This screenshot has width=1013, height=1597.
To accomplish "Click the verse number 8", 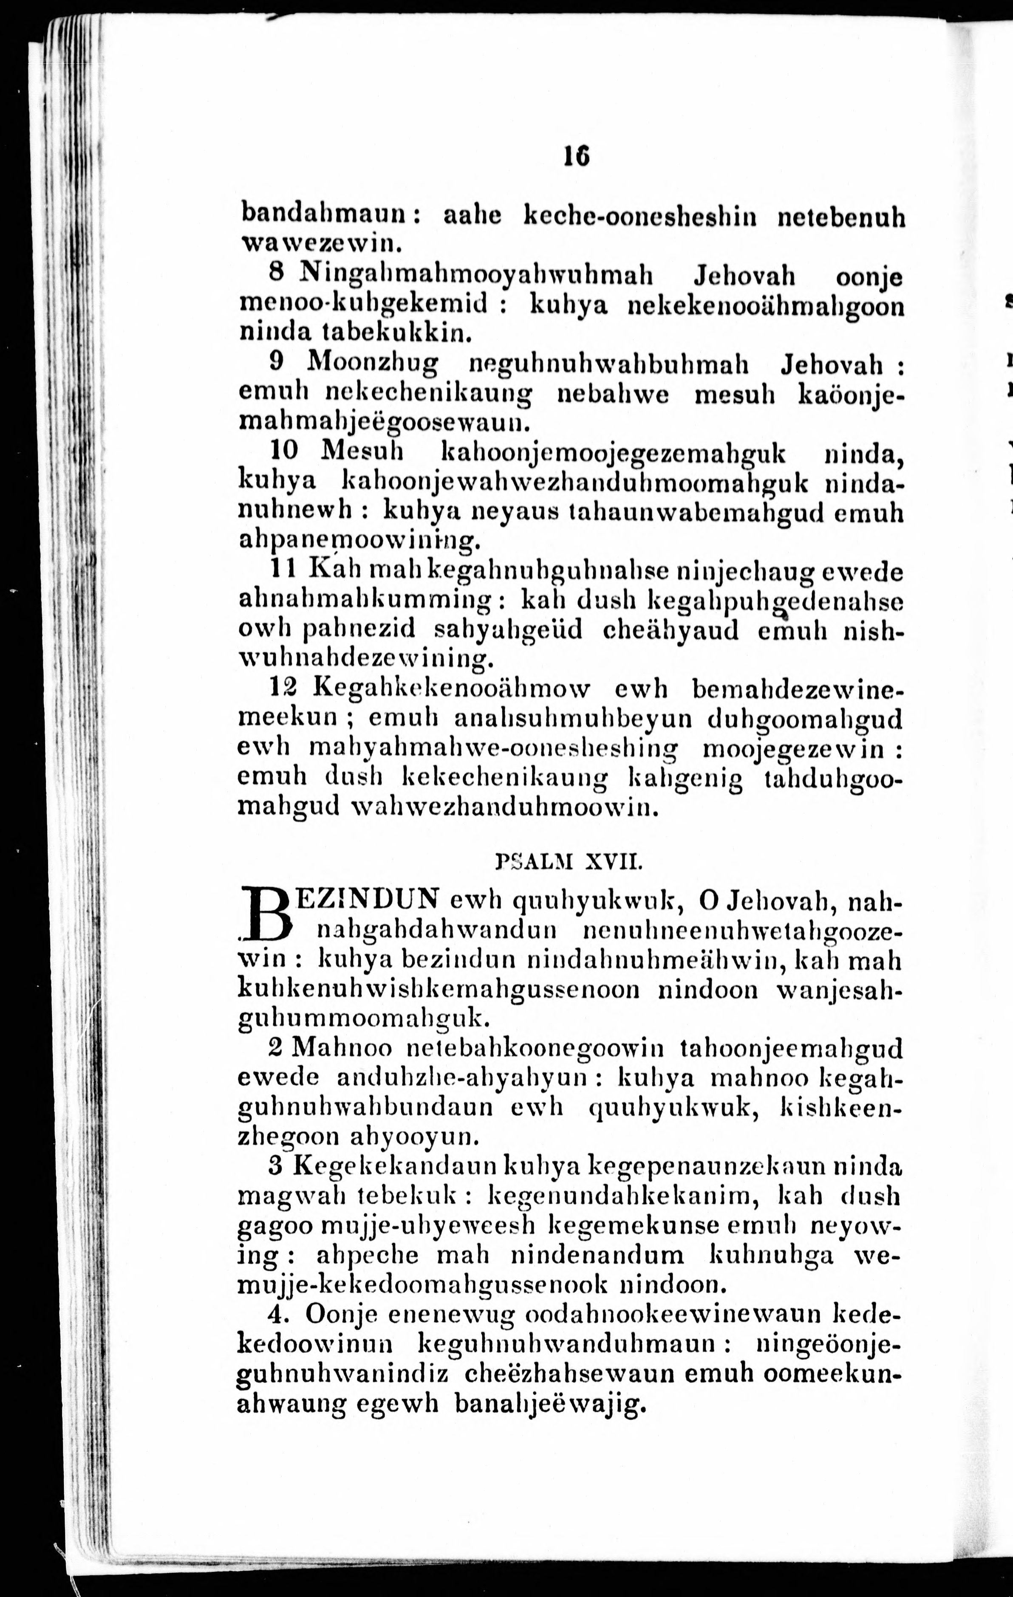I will [x=277, y=273].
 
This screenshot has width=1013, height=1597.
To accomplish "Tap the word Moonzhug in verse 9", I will [x=374, y=363].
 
